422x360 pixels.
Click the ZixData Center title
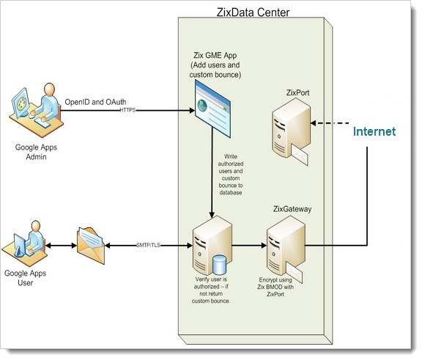click(253, 12)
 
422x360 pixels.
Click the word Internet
click(374, 132)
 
